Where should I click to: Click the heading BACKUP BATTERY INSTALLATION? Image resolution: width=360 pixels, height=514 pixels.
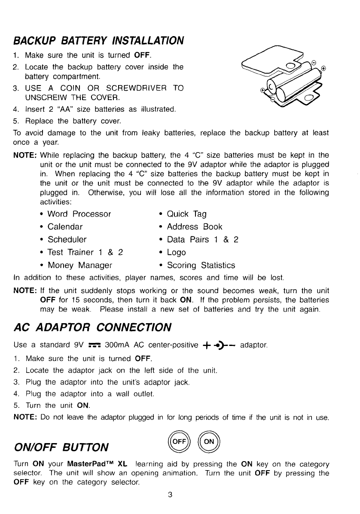98,41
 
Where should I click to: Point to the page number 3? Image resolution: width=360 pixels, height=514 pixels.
170,495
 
